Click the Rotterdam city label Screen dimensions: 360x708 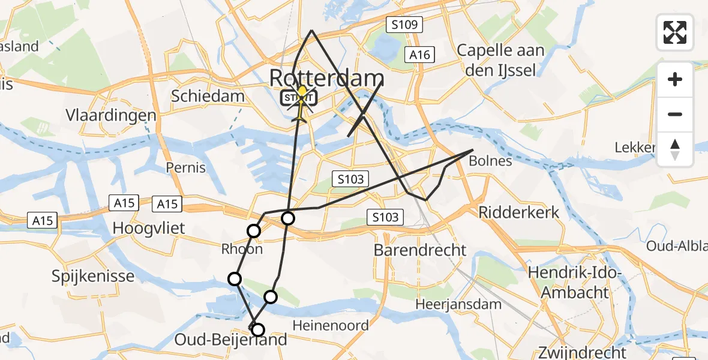327,78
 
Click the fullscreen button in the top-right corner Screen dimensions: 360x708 675,32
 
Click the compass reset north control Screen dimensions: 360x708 675,149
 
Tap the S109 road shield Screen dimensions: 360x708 404,25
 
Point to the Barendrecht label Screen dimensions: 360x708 420,250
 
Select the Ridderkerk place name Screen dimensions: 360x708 518,212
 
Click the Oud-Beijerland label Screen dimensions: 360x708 231,340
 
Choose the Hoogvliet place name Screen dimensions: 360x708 149,228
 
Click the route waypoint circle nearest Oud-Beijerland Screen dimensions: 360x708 258,329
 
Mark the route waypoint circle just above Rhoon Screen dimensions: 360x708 254,231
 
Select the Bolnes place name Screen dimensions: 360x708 490,161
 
